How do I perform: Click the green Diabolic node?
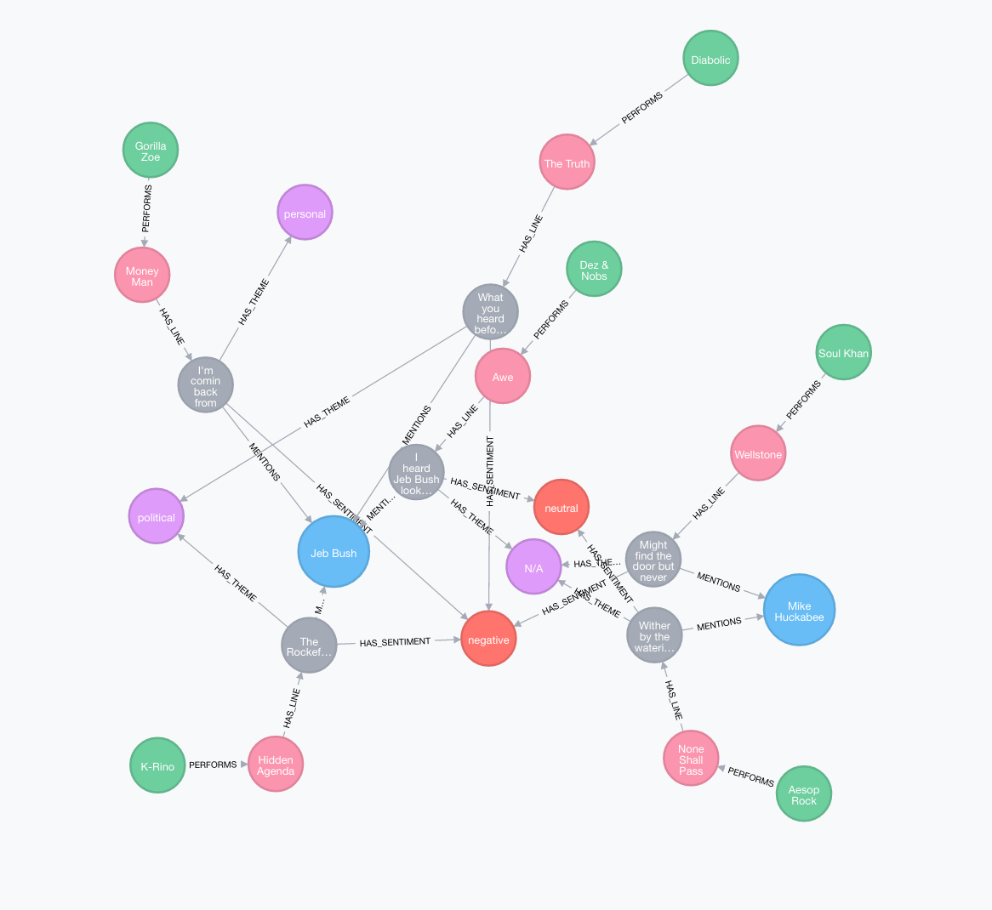(x=710, y=60)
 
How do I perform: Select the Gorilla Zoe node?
(x=151, y=151)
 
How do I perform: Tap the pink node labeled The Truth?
(x=567, y=163)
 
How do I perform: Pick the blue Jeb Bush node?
(x=334, y=553)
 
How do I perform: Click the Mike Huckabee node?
(x=799, y=611)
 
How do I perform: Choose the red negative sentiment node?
(x=488, y=640)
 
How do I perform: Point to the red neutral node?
(x=561, y=508)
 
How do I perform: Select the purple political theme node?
(x=157, y=517)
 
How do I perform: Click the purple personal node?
(x=305, y=213)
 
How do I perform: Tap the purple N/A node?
(x=533, y=567)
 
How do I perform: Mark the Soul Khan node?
(x=843, y=353)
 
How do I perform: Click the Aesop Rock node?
(x=803, y=794)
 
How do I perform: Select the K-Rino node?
(x=157, y=766)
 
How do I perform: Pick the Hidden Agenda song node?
(x=276, y=765)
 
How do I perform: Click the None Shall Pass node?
(x=691, y=759)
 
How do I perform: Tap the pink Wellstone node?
(x=757, y=454)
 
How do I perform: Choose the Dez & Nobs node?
(x=594, y=270)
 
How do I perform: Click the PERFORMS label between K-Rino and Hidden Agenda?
(x=213, y=765)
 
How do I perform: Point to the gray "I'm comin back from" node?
(x=206, y=386)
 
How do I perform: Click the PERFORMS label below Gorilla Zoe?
(x=146, y=208)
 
